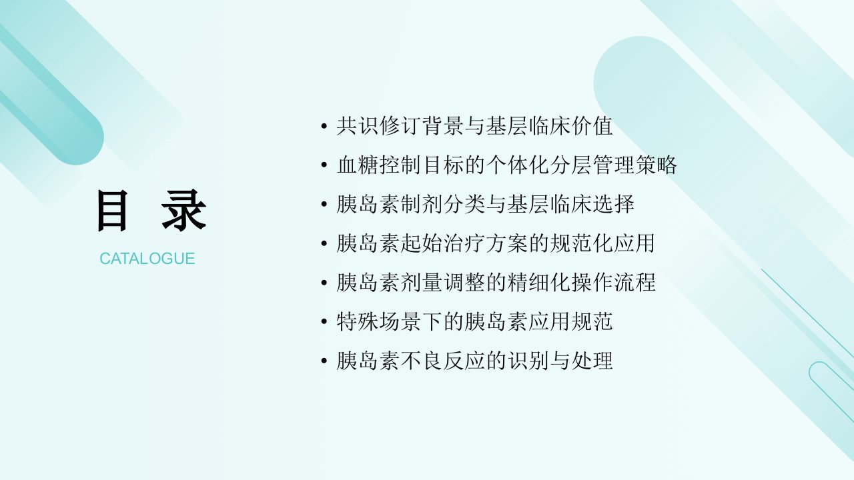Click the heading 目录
(152, 211)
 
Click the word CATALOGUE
(147, 259)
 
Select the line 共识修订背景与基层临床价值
(474, 126)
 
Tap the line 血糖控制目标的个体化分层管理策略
(506, 165)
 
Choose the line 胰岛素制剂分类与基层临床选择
(485, 204)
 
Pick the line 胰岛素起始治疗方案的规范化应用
(496, 243)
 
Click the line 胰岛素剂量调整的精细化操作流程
(496, 283)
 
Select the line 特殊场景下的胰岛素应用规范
(474, 321)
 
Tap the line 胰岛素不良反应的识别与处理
(474, 361)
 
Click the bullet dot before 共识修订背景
(324, 126)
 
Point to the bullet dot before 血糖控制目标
(324, 165)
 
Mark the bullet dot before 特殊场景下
(324, 321)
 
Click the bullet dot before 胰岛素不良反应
(324, 361)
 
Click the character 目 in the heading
(112, 211)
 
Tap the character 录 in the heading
(184, 211)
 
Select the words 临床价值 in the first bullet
(570, 126)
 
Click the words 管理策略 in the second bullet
(634, 165)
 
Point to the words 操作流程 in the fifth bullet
(613, 283)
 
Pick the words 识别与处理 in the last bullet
(560, 361)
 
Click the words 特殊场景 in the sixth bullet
(378, 321)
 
